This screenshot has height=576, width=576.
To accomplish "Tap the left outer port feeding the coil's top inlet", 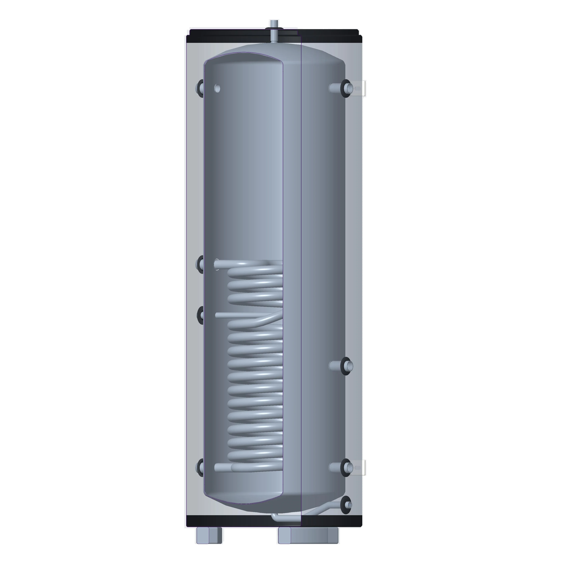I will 200,264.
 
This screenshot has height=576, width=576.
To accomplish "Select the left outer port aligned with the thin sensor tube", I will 200,315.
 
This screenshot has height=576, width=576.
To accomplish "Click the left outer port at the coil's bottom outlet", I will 200,467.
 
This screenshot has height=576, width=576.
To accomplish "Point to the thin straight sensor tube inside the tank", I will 239,315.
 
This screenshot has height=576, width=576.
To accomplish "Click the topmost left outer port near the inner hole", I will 200,88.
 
